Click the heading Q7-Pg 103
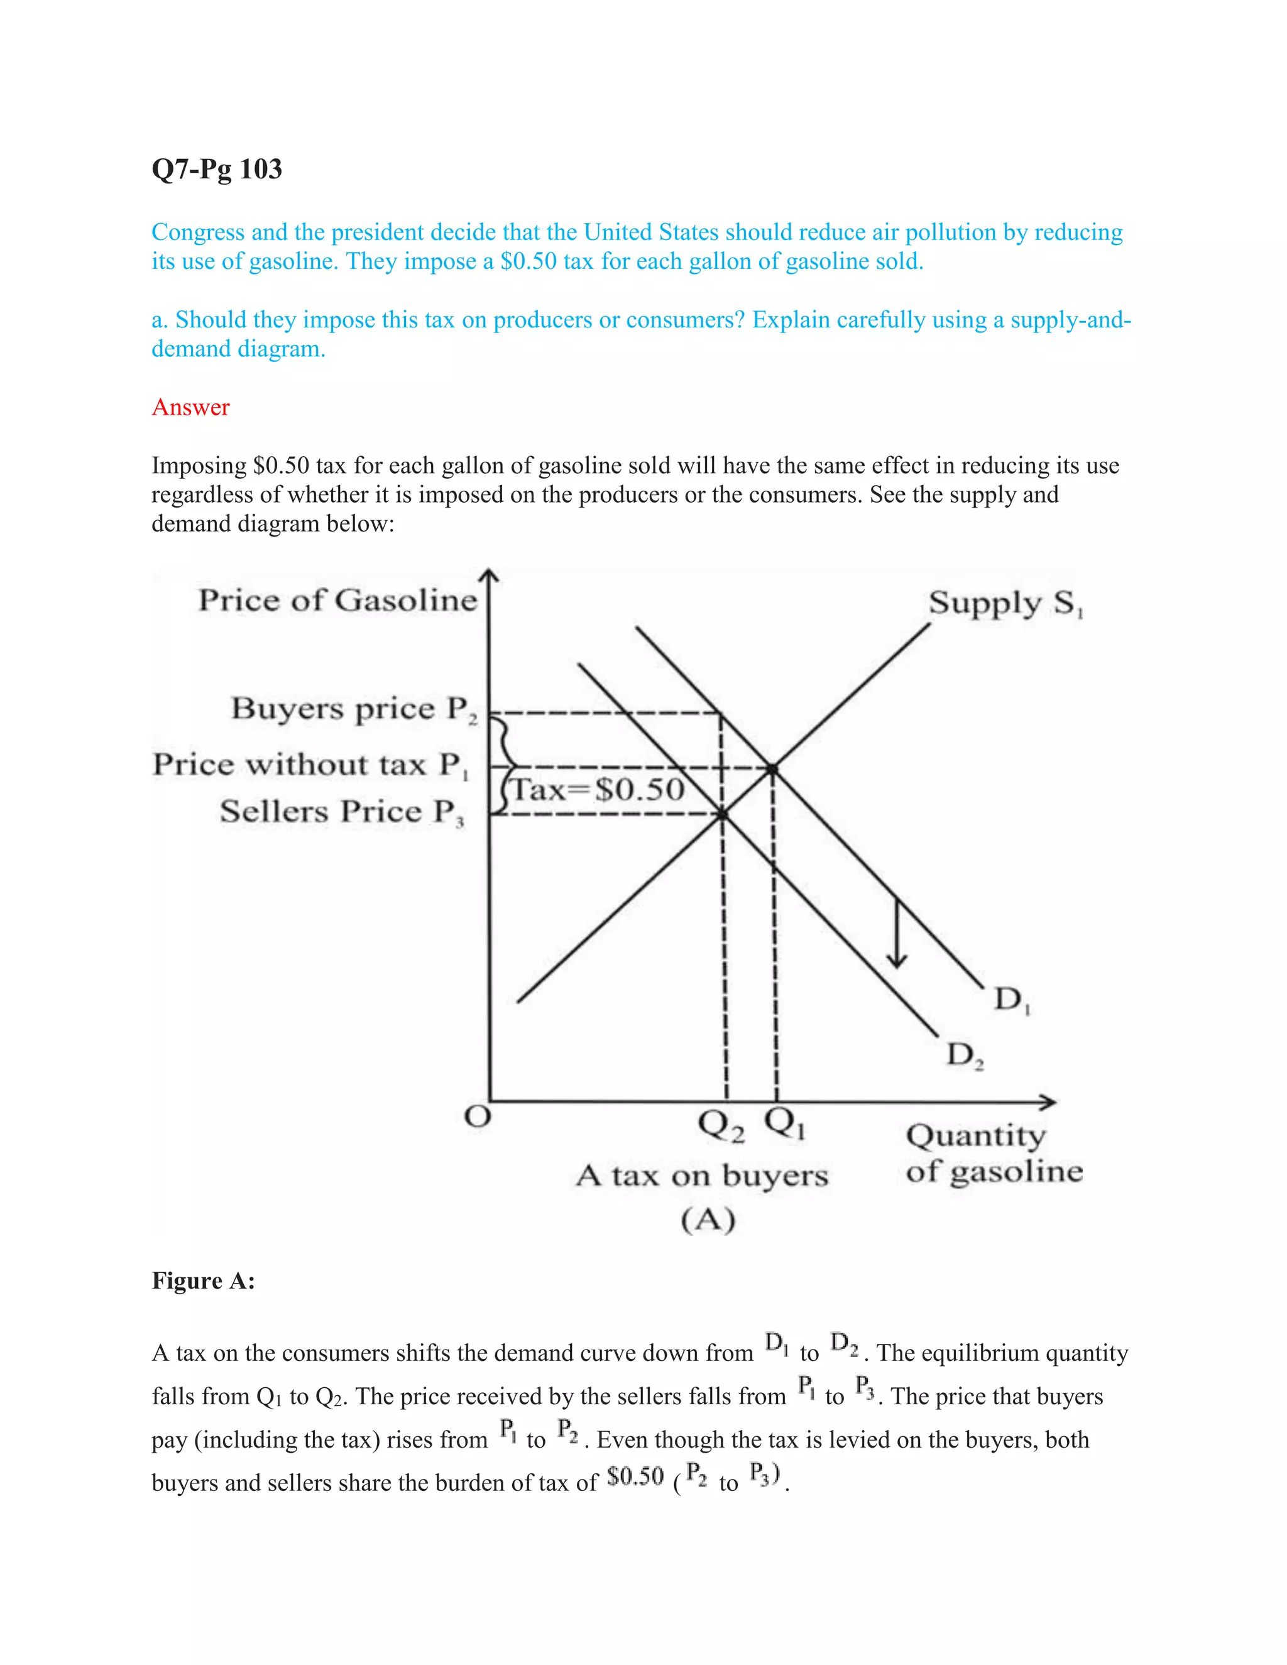[x=217, y=168]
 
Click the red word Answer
[x=190, y=407]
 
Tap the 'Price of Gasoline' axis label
[x=337, y=601]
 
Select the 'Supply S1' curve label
[x=1005, y=604]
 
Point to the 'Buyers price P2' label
[x=354, y=709]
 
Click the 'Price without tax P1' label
[x=310, y=765]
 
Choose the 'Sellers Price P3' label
[x=342, y=812]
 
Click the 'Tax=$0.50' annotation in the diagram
[x=598, y=790]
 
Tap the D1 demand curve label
[x=1011, y=1000]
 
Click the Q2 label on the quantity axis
[x=721, y=1125]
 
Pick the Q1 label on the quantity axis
[x=784, y=1122]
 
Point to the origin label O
[x=478, y=1117]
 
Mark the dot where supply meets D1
[x=772, y=768]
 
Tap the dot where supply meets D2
[x=722, y=815]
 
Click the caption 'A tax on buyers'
[x=701, y=1176]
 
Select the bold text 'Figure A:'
[x=203, y=1280]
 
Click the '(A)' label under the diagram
[x=708, y=1220]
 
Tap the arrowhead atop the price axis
[x=490, y=577]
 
